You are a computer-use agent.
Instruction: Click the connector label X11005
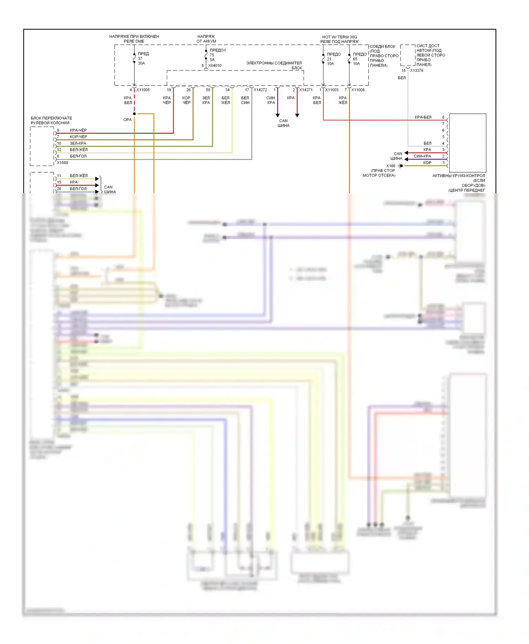coord(143,90)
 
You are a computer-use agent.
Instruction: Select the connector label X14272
coord(260,90)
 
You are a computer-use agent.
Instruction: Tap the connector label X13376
coord(416,70)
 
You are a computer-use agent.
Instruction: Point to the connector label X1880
coord(62,163)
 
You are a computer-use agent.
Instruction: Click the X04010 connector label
coord(215,66)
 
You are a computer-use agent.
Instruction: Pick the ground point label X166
coord(391,166)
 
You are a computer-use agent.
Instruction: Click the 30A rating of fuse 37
coord(141,63)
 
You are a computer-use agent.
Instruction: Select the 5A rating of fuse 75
coord(212,60)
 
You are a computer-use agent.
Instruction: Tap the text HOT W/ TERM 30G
coord(339,37)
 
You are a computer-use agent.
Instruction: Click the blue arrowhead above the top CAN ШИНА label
coord(278,115)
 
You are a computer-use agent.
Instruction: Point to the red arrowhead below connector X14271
coord(297,115)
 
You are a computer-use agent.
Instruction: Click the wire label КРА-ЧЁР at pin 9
coord(78,130)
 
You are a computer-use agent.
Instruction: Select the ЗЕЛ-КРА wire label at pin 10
coord(78,143)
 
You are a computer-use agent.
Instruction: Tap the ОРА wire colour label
coord(127,120)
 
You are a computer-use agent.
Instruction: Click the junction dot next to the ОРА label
coord(134,114)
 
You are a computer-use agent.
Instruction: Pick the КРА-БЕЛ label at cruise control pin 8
coord(423,117)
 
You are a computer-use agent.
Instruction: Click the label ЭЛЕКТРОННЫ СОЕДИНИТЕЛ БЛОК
coord(274,66)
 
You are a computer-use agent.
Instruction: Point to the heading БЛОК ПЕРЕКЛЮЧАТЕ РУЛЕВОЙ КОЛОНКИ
coord(51,120)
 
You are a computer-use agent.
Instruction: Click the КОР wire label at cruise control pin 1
coord(427,163)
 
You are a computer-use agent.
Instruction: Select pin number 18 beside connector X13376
coord(403,70)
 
